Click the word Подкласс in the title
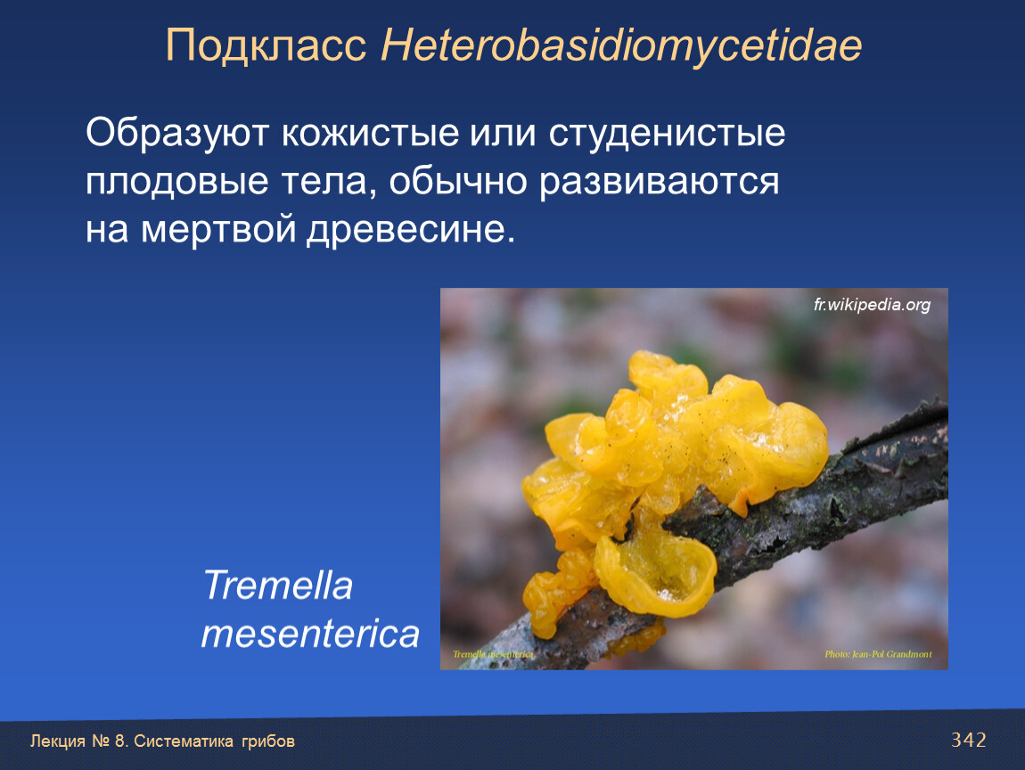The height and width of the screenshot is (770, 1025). coord(266,45)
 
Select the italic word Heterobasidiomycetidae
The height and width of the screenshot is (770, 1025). coord(621,45)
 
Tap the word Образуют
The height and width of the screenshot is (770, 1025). coord(176,134)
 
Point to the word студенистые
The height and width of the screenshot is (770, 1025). coord(667,134)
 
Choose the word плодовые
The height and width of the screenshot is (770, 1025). coord(176,181)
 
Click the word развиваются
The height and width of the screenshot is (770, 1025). coord(659,181)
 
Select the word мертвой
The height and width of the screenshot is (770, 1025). coord(219,229)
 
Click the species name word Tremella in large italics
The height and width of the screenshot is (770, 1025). coord(278,585)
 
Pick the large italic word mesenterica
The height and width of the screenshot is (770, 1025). coord(310,634)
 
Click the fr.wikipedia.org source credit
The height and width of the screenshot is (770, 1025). coord(872,305)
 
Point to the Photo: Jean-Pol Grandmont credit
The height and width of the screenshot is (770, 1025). coord(878,653)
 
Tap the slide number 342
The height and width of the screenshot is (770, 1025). coord(968,740)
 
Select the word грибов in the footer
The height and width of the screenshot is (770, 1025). coord(268,741)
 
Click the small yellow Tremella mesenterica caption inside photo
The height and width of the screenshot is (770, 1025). coord(493,654)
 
